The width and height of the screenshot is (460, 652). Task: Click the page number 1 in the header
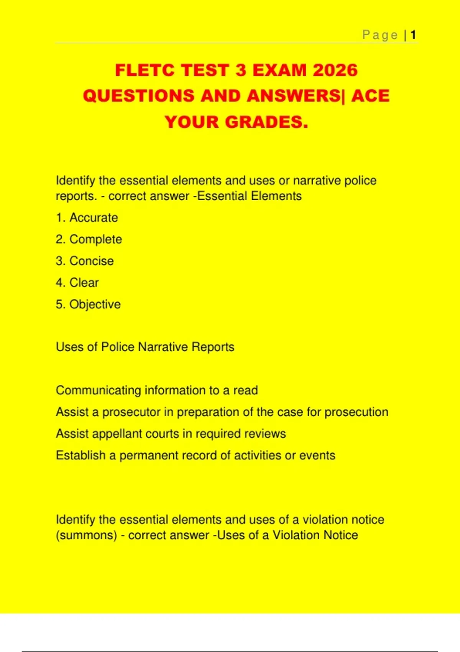pyautogui.click(x=413, y=35)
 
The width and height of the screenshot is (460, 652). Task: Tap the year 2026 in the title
pyautogui.click(x=335, y=71)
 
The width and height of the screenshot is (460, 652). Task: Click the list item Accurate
pyautogui.click(x=94, y=218)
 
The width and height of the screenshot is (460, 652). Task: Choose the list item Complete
pyautogui.click(x=95, y=239)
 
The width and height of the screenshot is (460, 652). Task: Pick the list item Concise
pyautogui.click(x=92, y=261)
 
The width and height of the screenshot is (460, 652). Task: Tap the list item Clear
pyautogui.click(x=84, y=283)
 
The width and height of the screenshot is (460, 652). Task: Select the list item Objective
pyautogui.click(x=95, y=305)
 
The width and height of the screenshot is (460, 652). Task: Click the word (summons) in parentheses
pyautogui.click(x=86, y=535)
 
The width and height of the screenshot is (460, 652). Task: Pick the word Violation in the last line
pyautogui.click(x=296, y=535)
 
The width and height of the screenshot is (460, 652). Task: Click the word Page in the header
pyautogui.click(x=380, y=35)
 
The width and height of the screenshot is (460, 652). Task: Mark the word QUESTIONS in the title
pyautogui.click(x=139, y=96)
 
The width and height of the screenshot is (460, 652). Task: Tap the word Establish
pyautogui.click(x=80, y=456)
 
